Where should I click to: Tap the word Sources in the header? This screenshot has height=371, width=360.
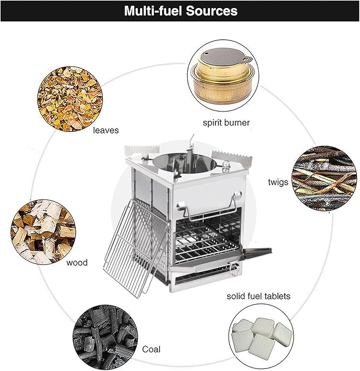212,11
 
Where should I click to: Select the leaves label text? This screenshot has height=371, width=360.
106,130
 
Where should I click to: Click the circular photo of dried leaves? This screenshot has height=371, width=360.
70,99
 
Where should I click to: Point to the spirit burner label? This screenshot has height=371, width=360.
226,123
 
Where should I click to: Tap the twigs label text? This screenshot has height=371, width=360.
278,182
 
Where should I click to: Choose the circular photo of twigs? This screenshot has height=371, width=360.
324,179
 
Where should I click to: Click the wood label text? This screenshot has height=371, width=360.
77,262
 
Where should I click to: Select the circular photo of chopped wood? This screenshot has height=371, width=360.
43,232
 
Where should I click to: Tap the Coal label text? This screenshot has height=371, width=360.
151,349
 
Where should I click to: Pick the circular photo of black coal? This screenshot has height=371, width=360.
105,337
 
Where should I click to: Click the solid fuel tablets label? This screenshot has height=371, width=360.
258,296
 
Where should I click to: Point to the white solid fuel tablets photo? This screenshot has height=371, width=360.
261,336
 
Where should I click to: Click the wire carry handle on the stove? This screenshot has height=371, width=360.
209,206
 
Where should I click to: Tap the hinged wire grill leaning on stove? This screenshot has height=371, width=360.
136,248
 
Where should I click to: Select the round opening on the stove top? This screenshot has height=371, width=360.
185,163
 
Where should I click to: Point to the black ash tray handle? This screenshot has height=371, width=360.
258,253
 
